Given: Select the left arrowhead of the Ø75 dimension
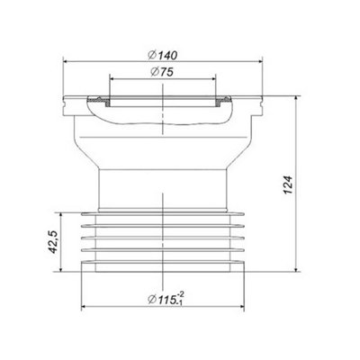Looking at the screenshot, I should point(113,76).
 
